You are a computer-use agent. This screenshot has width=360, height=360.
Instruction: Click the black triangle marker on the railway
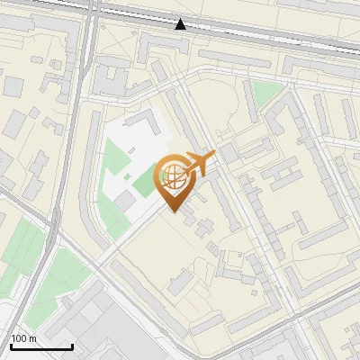point(181,24)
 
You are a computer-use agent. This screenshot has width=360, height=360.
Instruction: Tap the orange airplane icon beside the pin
point(199,164)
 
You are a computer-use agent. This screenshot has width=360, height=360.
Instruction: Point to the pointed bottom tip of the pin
point(176,212)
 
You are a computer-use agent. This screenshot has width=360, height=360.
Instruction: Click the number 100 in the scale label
point(19,338)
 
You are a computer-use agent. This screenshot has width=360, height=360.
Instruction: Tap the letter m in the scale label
point(33,338)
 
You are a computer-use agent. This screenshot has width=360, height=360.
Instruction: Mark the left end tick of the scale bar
point(11,346)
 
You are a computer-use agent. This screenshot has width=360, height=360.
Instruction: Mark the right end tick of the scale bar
point(72,346)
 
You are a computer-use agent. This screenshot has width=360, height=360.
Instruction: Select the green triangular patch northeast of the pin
point(263,93)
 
